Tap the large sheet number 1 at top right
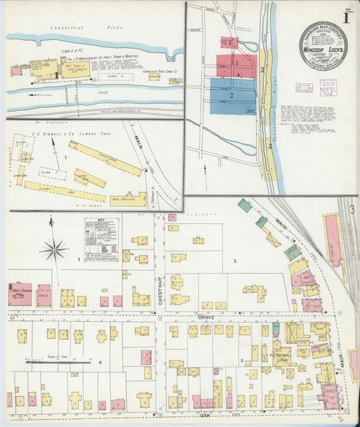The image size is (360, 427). (346, 18)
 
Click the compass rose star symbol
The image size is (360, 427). (53, 250)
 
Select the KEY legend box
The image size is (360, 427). (102, 239)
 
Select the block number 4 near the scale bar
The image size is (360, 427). (100, 363)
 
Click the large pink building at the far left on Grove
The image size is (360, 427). (20, 295)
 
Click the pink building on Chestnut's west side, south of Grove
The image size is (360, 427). (146, 357)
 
